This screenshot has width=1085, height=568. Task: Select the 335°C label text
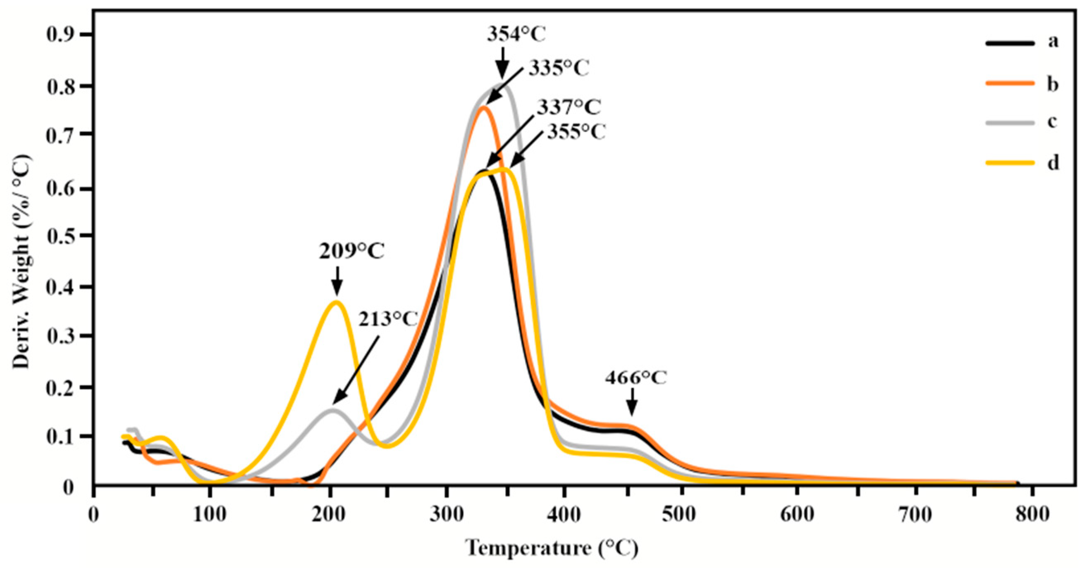click(559, 68)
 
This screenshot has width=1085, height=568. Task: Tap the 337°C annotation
click(569, 107)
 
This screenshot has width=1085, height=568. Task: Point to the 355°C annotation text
click(576, 132)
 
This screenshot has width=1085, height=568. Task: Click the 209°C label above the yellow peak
click(352, 252)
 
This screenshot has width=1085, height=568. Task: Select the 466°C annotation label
click(636, 378)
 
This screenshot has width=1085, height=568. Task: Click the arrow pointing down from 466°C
click(631, 402)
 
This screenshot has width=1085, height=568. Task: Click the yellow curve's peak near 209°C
click(336, 302)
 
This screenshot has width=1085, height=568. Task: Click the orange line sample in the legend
click(1010, 83)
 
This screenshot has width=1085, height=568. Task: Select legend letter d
click(1053, 162)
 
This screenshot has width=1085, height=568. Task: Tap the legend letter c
click(1052, 122)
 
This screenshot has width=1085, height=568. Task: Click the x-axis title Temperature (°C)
click(552, 548)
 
